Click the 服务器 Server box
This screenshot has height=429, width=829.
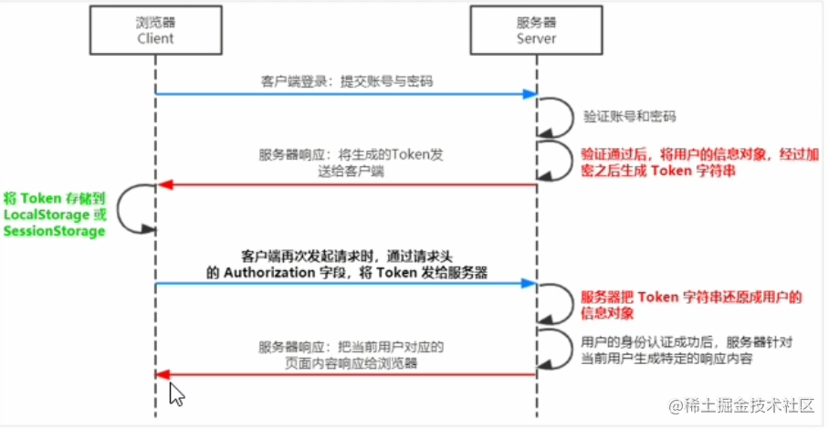pyautogui.click(x=533, y=31)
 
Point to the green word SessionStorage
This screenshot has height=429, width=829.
pyautogui.click(x=54, y=231)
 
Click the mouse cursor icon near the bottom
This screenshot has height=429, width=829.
pyautogui.click(x=177, y=394)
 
